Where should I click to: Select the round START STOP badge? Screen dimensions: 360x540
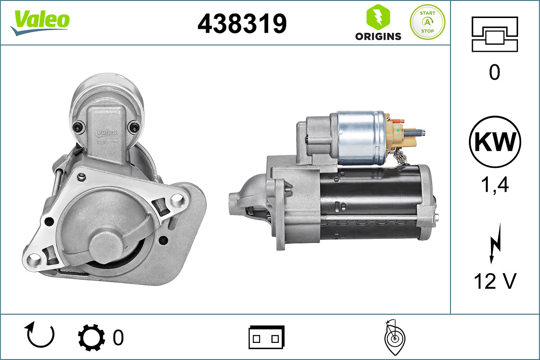pos(427,22)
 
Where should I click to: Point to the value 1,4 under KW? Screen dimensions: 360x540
pos(495,184)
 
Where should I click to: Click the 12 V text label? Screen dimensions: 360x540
pos(495,282)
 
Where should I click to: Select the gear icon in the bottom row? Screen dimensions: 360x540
pos(91,337)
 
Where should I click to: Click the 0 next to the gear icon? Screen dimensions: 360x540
pos(118,337)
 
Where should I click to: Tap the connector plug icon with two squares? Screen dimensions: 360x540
pos(266,337)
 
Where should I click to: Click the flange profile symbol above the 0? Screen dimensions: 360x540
pos(495,34)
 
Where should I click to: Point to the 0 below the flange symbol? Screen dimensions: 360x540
pos(495,72)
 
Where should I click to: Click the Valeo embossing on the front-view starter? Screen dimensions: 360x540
pos(106,132)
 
